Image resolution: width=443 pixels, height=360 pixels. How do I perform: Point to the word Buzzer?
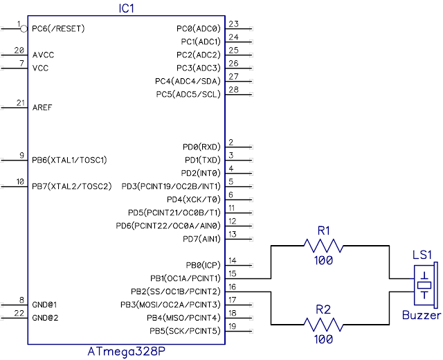coord(422,315)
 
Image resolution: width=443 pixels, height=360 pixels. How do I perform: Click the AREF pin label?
coord(42,108)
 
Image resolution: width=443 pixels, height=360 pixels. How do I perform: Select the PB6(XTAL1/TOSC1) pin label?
coord(70,160)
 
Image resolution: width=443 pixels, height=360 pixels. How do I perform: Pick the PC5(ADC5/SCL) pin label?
coord(188,94)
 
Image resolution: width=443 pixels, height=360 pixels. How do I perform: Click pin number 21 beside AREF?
coord(19,103)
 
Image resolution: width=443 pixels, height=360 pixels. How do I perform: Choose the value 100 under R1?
coord(323,261)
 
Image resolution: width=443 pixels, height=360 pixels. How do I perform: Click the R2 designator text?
coord(323,309)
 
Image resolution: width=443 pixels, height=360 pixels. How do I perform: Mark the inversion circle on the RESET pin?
coord(24,28)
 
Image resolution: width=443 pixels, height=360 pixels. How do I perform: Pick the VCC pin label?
coord(40,69)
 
